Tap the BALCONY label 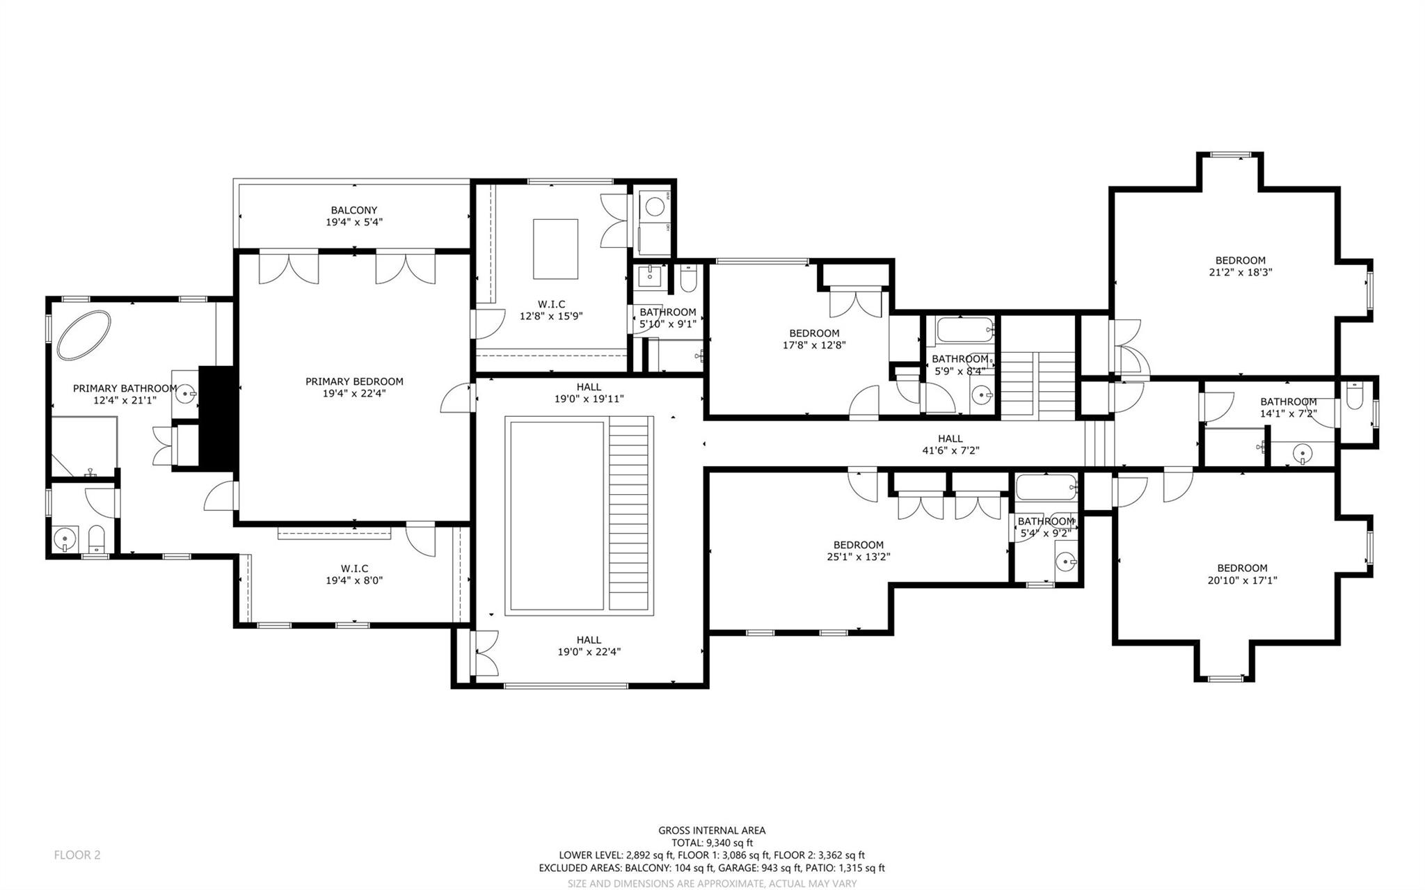click(x=354, y=210)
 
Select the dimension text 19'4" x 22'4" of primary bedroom click(x=354, y=393)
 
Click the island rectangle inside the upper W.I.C click(x=555, y=248)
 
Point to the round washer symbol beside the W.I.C click(x=654, y=206)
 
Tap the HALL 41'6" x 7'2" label click(x=950, y=444)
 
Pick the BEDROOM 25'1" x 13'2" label click(x=859, y=550)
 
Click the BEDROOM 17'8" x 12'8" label click(x=814, y=339)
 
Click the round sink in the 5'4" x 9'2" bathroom click(x=1065, y=561)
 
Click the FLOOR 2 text click(x=77, y=855)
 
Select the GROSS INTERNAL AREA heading click(x=712, y=830)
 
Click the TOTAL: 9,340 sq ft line click(x=712, y=843)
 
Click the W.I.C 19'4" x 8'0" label click(x=354, y=574)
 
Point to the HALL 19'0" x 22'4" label click(x=589, y=646)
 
